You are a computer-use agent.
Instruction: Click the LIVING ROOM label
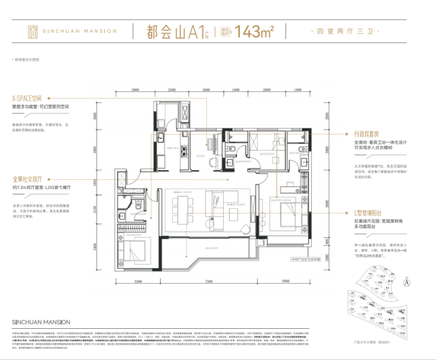tap(236, 204)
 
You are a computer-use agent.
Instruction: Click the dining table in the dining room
tap(181, 211)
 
